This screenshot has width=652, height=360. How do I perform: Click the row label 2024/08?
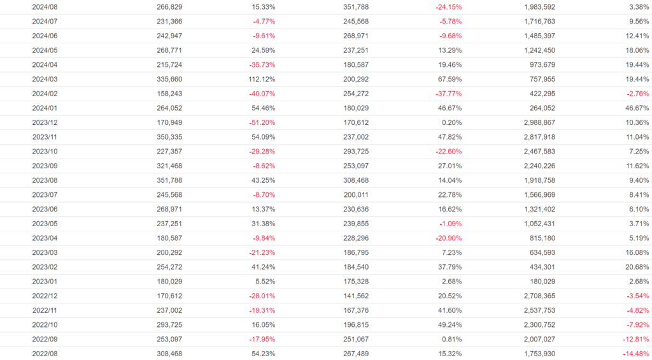(x=45, y=7)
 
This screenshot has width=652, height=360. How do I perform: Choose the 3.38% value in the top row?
(x=637, y=7)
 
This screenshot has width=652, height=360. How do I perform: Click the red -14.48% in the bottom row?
(x=635, y=354)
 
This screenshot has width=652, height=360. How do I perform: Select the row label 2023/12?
(x=45, y=122)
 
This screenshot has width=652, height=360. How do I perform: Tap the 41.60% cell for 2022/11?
(x=448, y=310)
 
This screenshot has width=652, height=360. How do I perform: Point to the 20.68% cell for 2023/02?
(x=635, y=267)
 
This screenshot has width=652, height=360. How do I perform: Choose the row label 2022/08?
(x=45, y=354)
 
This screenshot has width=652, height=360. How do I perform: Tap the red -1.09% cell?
(x=449, y=224)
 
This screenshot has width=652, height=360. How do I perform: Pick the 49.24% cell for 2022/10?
(x=448, y=324)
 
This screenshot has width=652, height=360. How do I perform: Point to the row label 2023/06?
(x=45, y=209)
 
